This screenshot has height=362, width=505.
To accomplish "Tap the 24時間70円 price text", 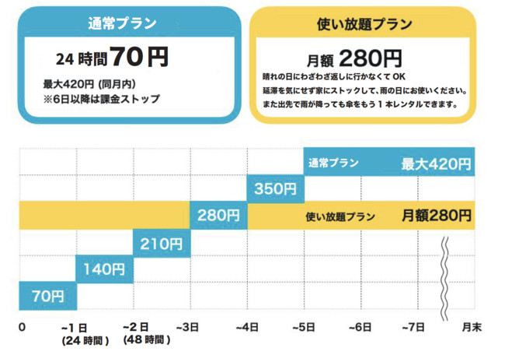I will [112, 57].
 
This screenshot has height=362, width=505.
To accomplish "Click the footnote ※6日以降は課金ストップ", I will [102, 99].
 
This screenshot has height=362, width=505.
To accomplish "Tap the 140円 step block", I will [105, 270].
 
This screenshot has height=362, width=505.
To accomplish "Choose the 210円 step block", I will [162, 244].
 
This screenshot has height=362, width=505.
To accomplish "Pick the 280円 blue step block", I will [219, 216].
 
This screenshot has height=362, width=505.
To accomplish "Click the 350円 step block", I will [276, 188].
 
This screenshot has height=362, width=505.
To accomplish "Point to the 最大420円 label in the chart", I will [436, 163].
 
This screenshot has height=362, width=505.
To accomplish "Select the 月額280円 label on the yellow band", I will [436, 216].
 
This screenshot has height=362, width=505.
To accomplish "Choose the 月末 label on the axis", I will [472, 327].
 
